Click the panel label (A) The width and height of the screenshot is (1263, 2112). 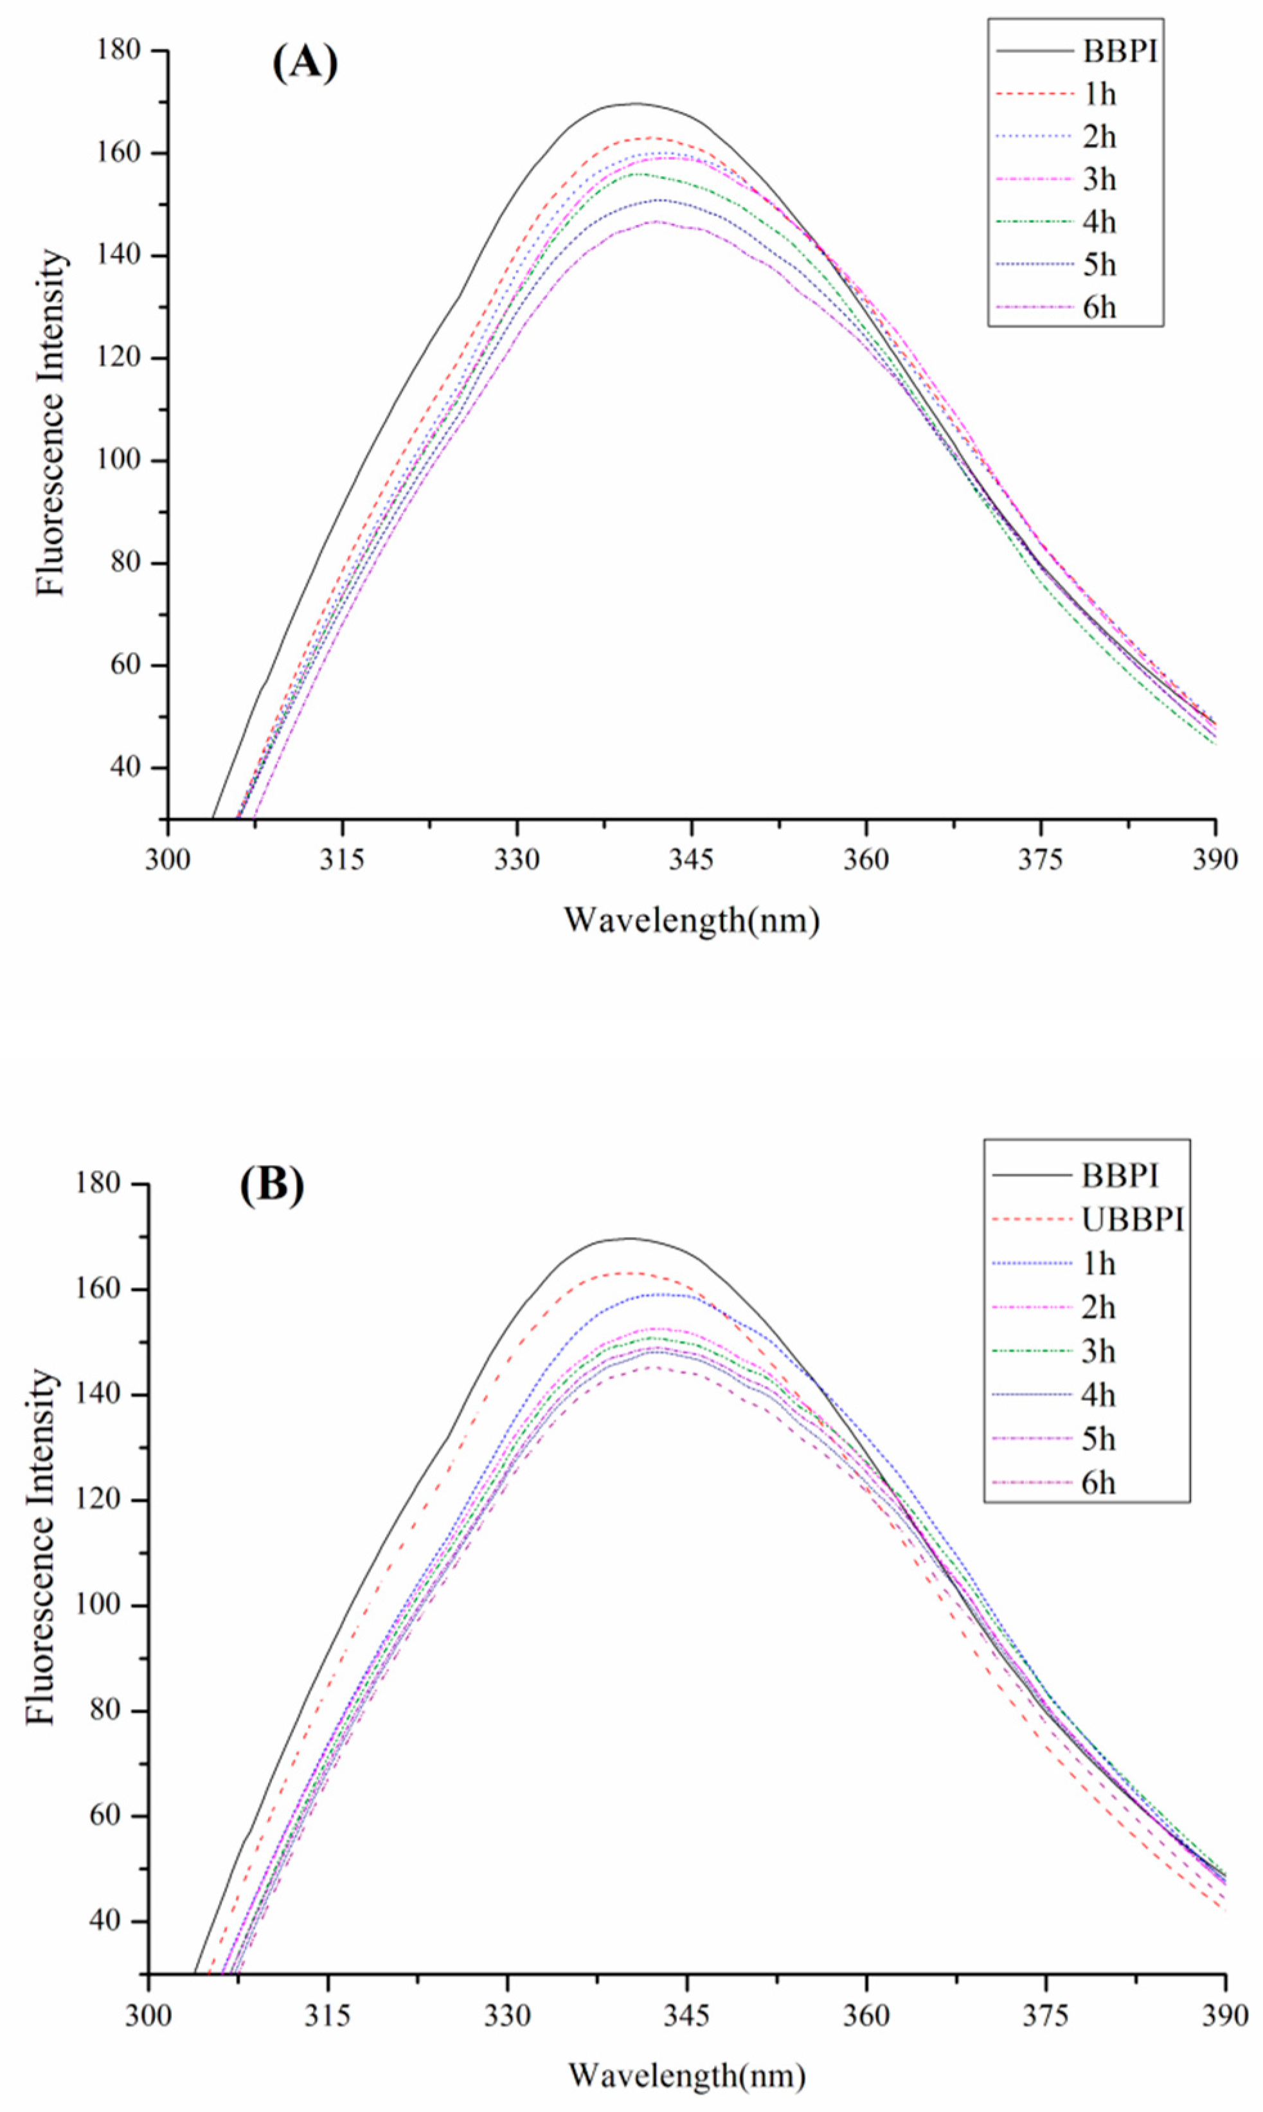click(x=305, y=63)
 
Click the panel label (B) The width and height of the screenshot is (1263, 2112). click(x=271, y=1184)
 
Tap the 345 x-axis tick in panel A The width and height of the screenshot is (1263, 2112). click(x=691, y=859)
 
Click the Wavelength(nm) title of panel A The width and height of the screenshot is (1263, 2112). click(x=691, y=920)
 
